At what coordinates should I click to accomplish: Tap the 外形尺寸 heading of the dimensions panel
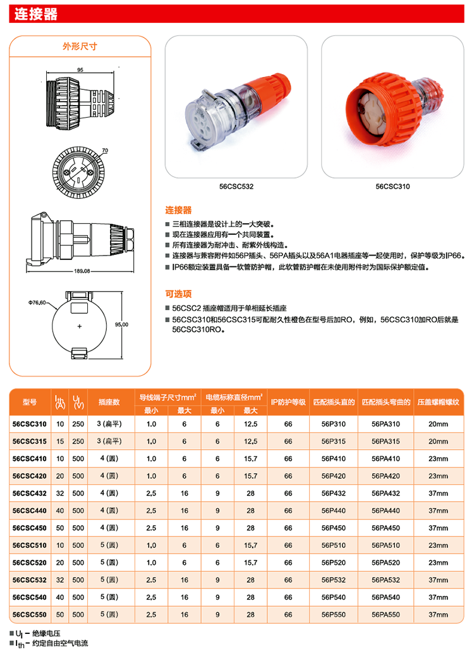(x=79, y=47)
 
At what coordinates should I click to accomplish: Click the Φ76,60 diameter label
(x=37, y=302)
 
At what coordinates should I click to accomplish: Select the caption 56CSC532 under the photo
(x=237, y=187)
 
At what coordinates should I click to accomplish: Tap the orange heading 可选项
(x=178, y=294)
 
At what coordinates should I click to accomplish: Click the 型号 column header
(x=30, y=402)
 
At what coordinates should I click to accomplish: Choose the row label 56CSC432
(x=30, y=492)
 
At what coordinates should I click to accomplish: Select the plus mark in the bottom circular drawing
(x=80, y=326)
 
